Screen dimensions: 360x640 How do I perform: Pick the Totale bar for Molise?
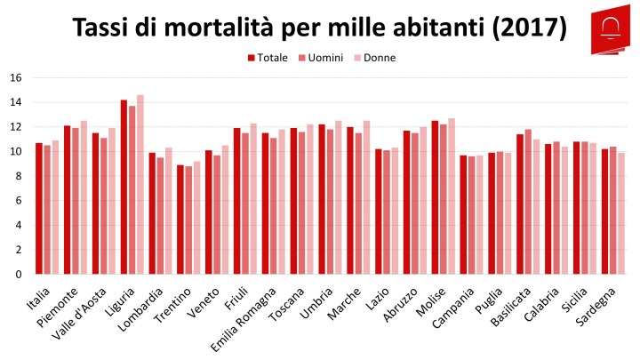click(435, 197)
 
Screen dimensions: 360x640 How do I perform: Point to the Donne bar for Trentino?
click(196, 217)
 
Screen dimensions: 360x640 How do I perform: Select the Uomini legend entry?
click(319, 58)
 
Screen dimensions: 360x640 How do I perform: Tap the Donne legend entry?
click(373, 58)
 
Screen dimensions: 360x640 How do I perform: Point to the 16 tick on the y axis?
click(15, 77)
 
